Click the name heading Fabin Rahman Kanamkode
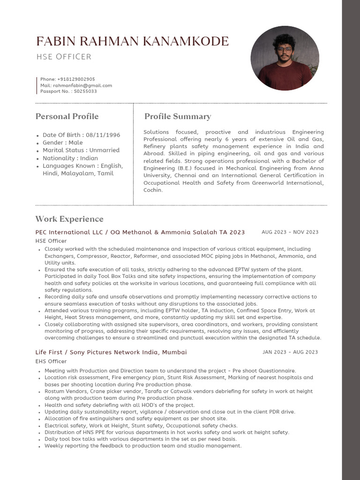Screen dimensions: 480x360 (x=132, y=41)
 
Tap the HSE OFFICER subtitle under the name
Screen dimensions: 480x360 (x=64, y=57)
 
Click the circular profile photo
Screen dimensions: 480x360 (x=285, y=58)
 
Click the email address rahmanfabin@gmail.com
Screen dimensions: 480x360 (x=82, y=85)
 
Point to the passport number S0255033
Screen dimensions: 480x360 (x=85, y=91)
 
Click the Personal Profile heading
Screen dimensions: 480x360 (x=67, y=116)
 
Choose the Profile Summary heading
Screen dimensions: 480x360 (x=178, y=116)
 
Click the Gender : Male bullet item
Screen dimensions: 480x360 (x=62, y=142)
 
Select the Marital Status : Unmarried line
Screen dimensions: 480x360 (x=81, y=150)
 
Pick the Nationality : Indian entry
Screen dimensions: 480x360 (x=70, y=158)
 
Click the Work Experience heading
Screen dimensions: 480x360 (x=69, y=219)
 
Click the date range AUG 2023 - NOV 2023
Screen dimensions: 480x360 (x=290, y=232)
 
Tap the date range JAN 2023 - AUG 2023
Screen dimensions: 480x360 (x=290, y=352)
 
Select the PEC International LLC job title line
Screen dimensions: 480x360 (x=140, y=232)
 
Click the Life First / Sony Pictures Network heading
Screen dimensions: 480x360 (x=111, y=352)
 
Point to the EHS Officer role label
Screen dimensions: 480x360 (x=51, y=361)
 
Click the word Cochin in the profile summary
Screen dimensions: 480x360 (x=153, y=190)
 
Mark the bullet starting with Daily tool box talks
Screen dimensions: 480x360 (x=140, y=439)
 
